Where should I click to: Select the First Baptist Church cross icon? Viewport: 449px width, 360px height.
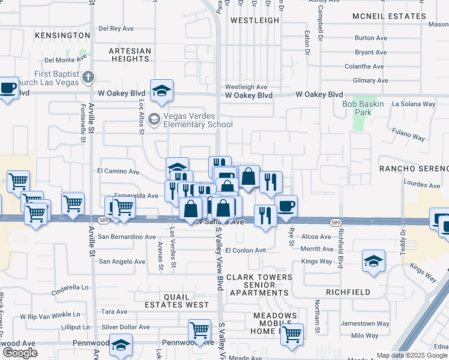88,77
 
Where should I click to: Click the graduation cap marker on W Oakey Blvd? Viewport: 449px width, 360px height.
161,91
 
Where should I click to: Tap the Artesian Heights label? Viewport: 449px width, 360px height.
130,55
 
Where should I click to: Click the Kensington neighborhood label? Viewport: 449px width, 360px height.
62,35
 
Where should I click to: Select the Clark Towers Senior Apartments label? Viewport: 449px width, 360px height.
250,285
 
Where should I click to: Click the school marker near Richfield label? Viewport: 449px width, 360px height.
373,261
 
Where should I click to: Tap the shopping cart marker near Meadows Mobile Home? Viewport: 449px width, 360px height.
292,334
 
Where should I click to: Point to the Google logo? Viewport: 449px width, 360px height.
20,353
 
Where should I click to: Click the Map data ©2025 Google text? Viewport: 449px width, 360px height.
412,355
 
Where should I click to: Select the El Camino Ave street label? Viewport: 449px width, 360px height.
118,171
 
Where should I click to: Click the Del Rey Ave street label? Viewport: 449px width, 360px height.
116,28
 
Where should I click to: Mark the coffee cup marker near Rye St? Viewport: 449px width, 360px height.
286,206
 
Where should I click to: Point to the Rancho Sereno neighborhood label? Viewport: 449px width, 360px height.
414,168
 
